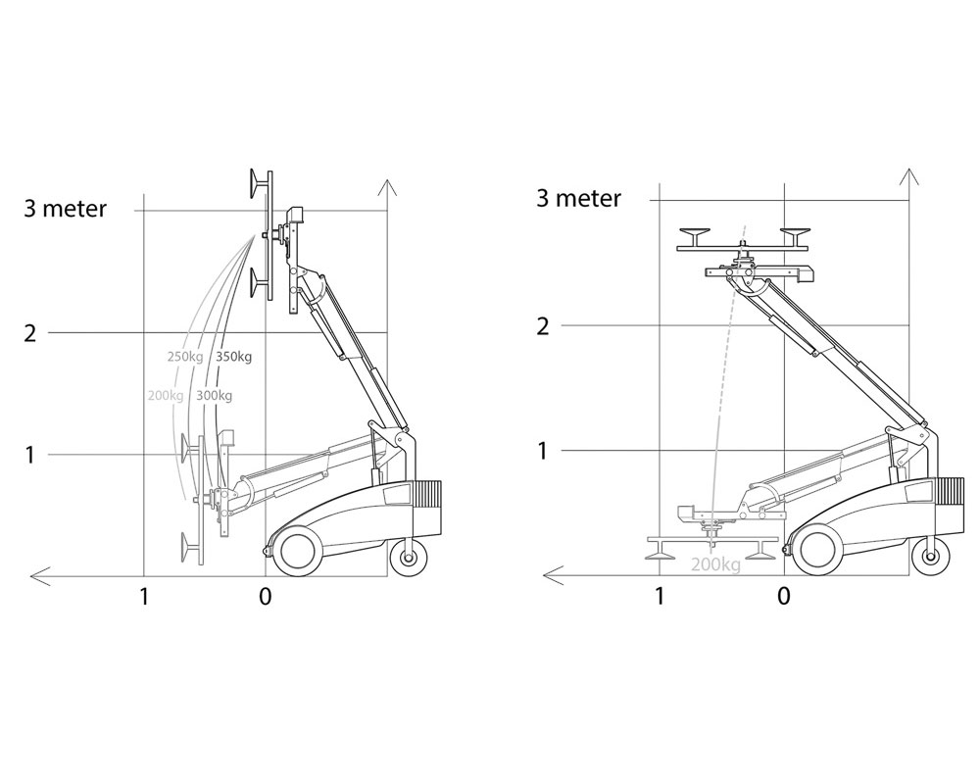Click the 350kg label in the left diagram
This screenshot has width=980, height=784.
click(234, 357)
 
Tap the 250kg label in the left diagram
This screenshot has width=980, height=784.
click(185, 357)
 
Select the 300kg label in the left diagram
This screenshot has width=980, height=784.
click(214, 395)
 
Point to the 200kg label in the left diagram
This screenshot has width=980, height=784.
click(166, 395)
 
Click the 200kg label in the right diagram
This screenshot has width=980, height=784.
click(715, 565)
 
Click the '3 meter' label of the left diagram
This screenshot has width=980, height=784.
click(65, 208)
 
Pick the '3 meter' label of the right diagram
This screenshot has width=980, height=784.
click(579, 198)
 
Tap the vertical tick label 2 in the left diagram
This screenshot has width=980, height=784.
click(30, 332)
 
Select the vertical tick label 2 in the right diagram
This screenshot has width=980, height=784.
click(543, 325)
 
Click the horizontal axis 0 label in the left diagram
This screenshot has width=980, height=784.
click(266, 597)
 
